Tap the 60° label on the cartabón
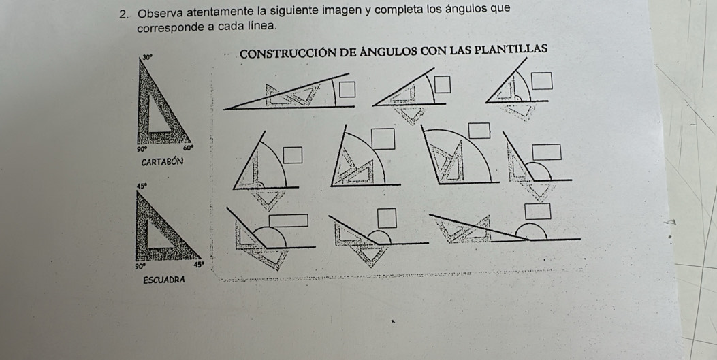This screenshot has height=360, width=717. (189, 148)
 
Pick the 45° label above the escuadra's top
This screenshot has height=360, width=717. (142, 184)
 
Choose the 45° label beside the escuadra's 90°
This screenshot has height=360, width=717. (199, 266)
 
